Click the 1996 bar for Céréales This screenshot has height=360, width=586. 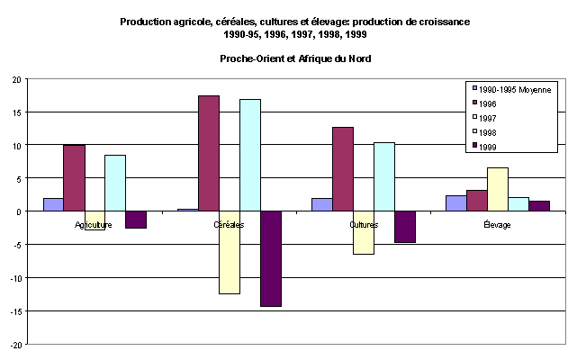point(209,153)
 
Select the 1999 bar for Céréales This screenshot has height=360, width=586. point(271,259)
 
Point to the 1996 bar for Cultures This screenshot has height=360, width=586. point(343,169)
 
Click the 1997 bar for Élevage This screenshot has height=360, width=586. point(498,189)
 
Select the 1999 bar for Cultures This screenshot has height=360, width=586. point(405,227)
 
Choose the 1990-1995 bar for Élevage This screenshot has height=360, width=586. point(456,203)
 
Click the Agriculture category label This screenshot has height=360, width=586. point(94,225)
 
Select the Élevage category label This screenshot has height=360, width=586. point(497,225)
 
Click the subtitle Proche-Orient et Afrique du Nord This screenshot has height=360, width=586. point(295,58)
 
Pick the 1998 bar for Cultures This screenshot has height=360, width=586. point(384,176)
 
